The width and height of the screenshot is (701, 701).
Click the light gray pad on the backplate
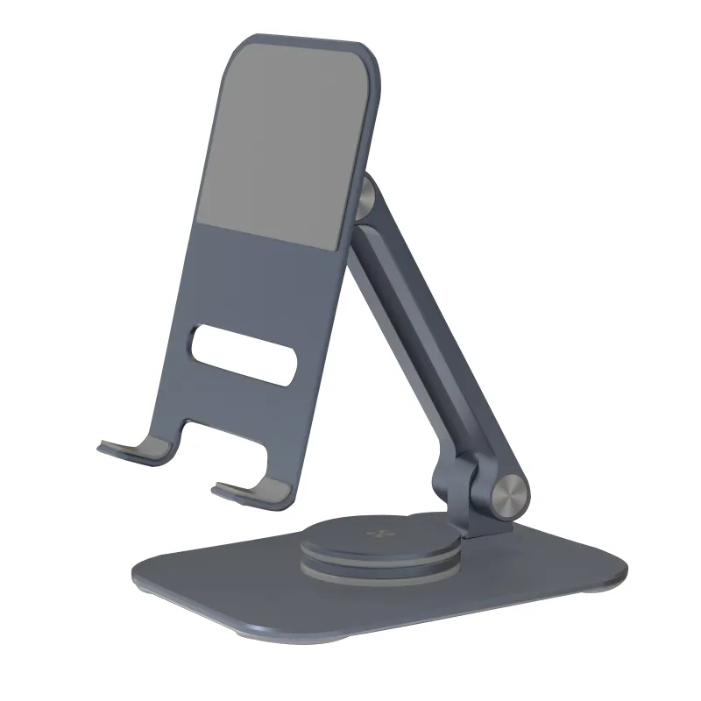(x=280, y=145)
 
